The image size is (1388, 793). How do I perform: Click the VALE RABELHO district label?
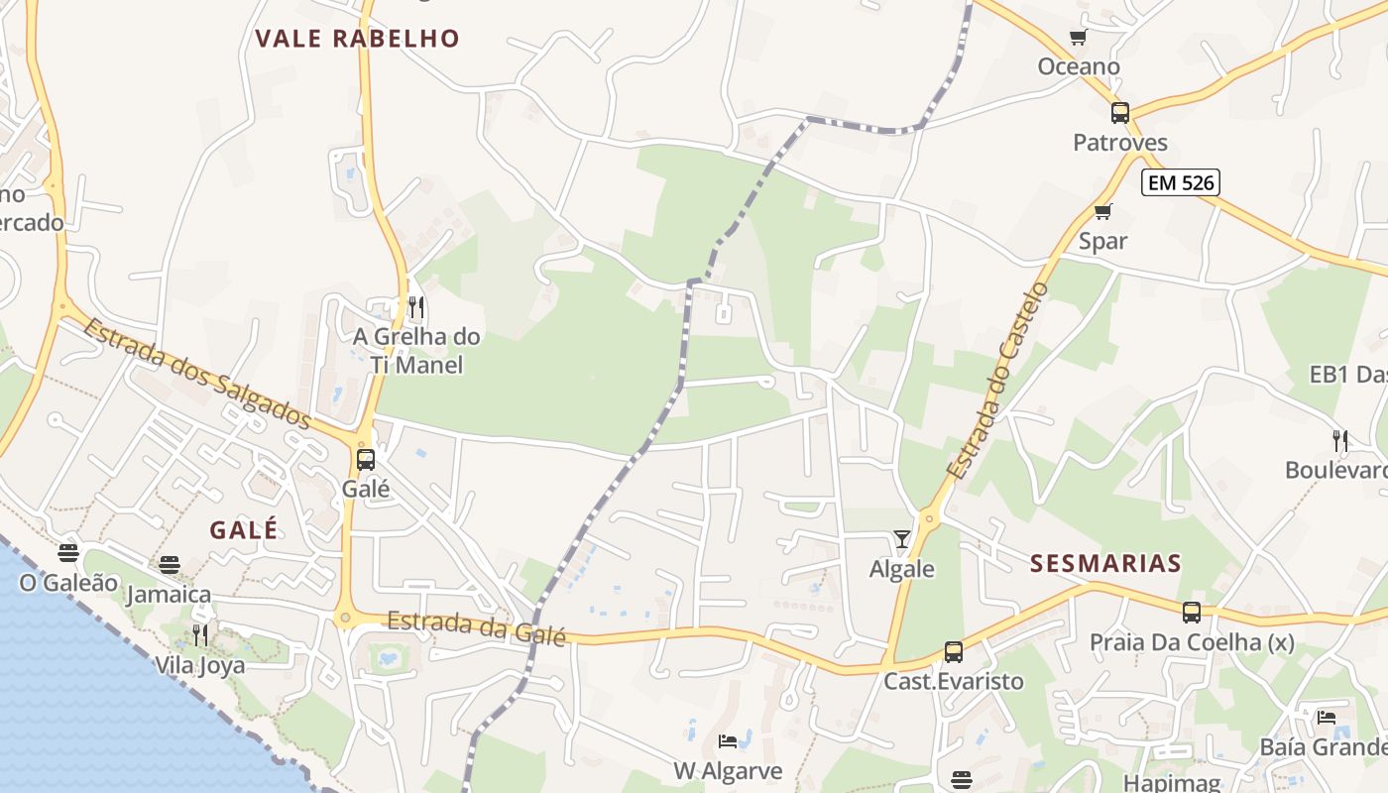coord(357,39)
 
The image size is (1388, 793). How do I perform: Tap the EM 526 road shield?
coord(1179,182)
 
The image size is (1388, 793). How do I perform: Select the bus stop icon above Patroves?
coord(1120,113)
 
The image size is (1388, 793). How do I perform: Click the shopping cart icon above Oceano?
coord(1078,38)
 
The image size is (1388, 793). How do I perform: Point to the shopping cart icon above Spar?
coord(1102,211)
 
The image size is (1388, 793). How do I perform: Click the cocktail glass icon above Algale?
coord(901,539)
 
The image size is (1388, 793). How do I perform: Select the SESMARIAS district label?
coord(1105,564)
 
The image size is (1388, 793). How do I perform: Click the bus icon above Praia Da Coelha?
coord(1192,613)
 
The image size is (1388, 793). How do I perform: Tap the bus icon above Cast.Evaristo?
coord(954,652)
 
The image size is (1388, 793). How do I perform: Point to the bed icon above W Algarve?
coord(728,741)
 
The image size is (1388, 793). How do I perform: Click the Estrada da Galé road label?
coord(476,628)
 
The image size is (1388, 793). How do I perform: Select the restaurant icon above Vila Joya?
coord(199,634)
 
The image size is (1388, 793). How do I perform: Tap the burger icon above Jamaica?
coord(170,565)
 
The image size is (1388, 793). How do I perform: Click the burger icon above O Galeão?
coord(68,552)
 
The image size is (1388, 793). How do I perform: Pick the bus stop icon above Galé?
coord(366,460)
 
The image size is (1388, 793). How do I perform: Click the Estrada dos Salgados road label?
coord(197,373)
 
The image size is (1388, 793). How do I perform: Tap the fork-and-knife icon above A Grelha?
coord(416,307)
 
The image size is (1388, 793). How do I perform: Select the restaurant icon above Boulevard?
coord(1339,440)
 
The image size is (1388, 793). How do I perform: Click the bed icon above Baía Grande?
coord(1327,718)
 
